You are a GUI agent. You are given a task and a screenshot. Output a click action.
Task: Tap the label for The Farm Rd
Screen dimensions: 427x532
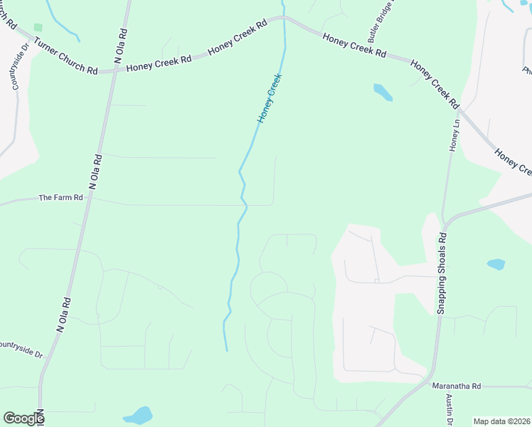click(x=60, y=197)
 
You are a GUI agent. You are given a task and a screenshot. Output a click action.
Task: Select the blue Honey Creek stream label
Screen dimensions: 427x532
click(x=270, y=97)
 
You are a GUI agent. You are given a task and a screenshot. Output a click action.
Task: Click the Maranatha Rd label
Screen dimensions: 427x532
click(x=457, y=386)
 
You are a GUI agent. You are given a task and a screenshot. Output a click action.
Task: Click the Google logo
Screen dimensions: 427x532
click(x=23, y=418)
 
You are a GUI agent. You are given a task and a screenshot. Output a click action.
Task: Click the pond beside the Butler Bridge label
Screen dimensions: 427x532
click(x=383, y=93)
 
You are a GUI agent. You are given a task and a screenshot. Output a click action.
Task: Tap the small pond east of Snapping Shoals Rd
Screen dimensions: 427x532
click(x=496, y=264)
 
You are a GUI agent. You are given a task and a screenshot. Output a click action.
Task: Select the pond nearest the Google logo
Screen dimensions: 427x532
click(x=138, y=415)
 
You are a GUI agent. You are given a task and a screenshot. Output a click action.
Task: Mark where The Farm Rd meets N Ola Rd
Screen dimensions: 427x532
click(x=90, y=199)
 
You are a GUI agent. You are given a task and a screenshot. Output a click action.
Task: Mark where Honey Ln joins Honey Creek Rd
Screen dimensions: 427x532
click(x=459, y=110)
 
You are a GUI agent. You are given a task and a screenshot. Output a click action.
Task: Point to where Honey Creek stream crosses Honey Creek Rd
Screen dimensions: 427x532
click(x=285, y=19)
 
